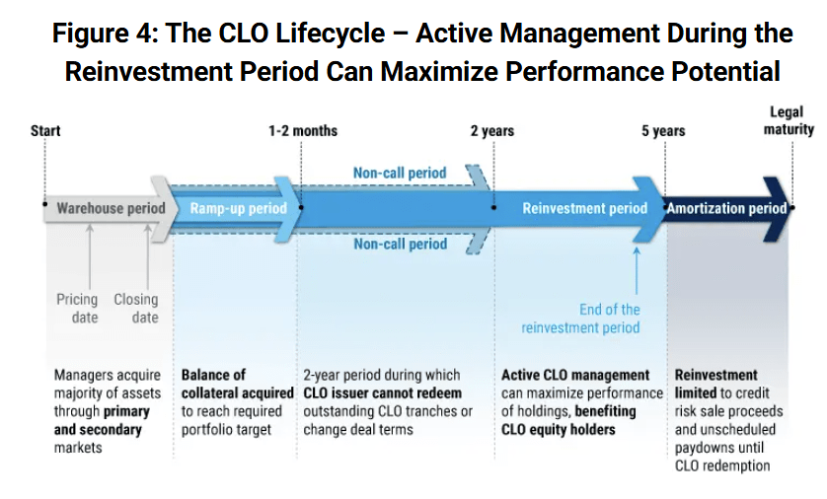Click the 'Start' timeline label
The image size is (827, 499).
coord(45,131)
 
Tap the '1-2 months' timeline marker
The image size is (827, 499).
coord(302,131)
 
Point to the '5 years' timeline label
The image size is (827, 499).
coord(663,131)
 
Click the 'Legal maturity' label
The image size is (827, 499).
coord(788,121)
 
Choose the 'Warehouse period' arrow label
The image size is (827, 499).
coord(111,208)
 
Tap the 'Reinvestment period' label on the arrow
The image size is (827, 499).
coord(584,208)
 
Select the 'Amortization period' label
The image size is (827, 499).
coord(726,208)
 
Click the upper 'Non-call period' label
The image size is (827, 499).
coord(400,173)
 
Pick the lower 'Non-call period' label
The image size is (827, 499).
coord(400,244)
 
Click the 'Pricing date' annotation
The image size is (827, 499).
coord(77,308)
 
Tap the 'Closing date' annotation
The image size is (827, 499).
coord(135,308)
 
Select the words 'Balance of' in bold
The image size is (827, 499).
coord(213,375)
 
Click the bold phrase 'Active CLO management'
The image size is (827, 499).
coord(575,375)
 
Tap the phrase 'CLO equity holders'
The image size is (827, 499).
coord(558,429)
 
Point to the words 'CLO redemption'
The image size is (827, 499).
coord(722,465)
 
